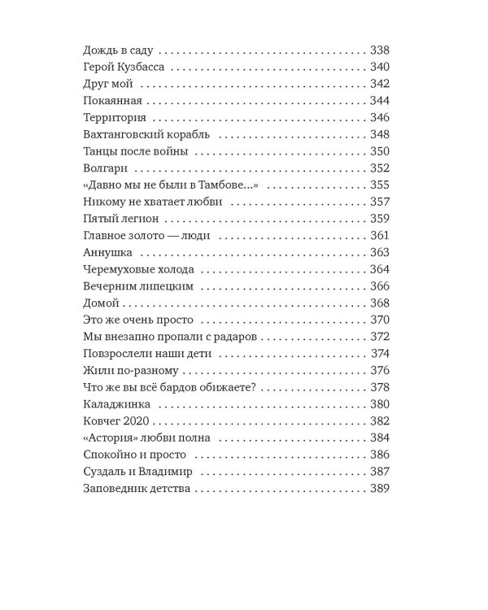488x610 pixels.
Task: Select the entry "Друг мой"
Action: click(107, 84)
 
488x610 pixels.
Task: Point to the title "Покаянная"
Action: click(113, 101)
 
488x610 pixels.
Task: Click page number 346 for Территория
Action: click(379, 118)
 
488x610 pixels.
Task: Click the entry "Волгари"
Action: click(107, 168)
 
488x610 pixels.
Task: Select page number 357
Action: click(379, 202)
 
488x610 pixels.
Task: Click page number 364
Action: click(379, 269)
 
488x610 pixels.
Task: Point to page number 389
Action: click(379, 489)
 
